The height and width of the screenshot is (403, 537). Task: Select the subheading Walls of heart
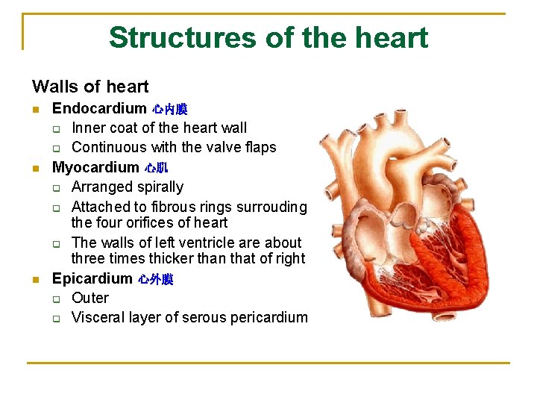(x=90, y=87)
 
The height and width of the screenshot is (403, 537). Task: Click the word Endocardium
(x=99, y=109)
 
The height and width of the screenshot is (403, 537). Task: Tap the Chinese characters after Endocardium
(x=170, y=110)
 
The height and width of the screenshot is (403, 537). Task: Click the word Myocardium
(x=95, y=167)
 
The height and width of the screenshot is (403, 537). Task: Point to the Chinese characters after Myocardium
(x=157, y=168)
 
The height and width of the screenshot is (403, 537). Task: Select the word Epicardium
(x=92, y=278)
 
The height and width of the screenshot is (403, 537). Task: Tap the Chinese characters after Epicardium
(x=156, y=279)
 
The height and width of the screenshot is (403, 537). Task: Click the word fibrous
(x=169, y=207)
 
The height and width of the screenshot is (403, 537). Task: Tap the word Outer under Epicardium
(x=89, y=298)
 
